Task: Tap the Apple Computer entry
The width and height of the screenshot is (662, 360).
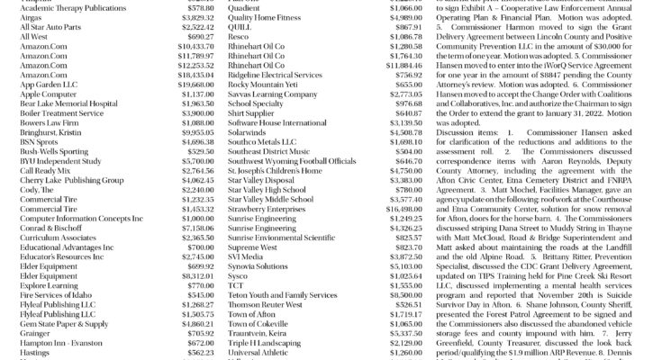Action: pyautogui.click(x=49, y=93)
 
